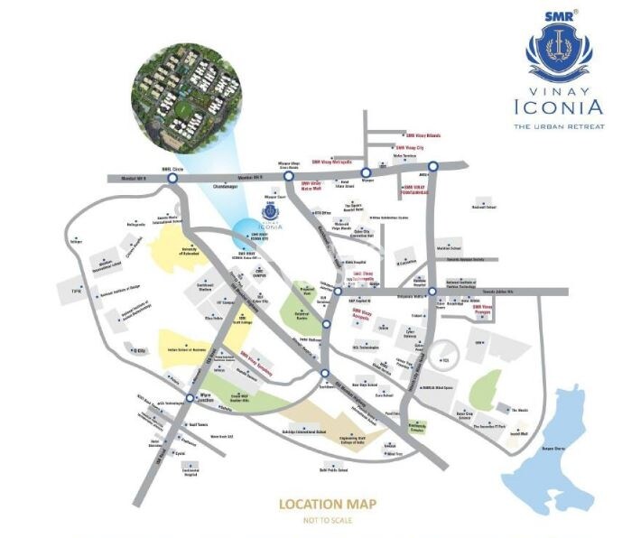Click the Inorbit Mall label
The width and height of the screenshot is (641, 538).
click(517, 434)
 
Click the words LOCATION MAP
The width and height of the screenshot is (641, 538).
click(327, 504)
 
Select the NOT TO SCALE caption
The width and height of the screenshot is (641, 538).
click(327, 519)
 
